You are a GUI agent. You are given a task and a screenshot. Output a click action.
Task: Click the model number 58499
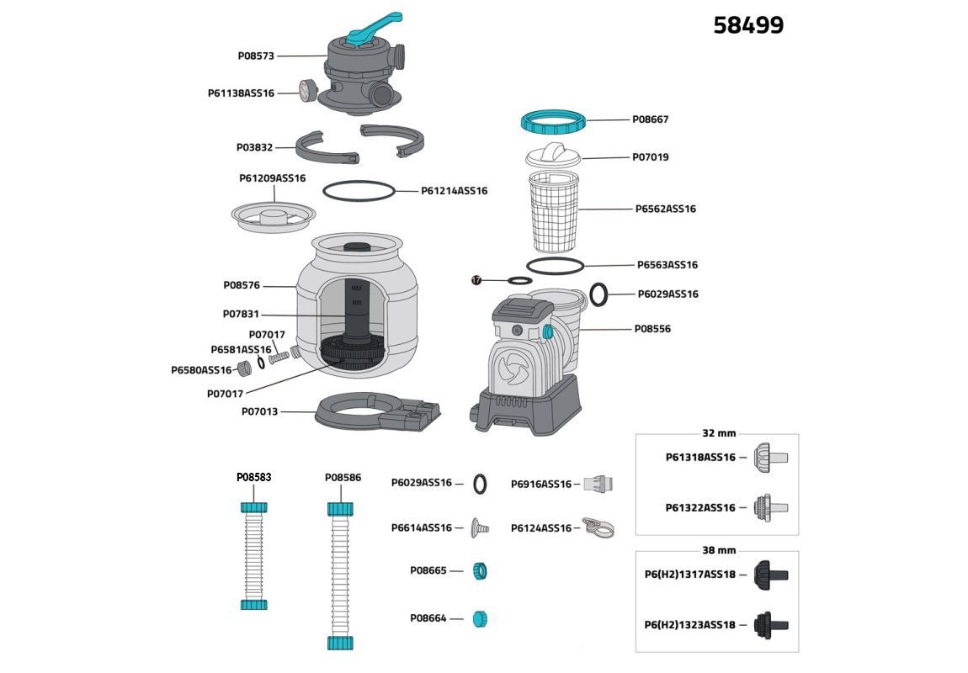(747, 25)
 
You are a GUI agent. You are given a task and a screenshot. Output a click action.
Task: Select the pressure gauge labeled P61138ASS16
(305, 90)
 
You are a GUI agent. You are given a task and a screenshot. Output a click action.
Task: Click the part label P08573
(256, 56)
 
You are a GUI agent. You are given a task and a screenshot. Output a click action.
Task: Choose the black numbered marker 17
(476, 280)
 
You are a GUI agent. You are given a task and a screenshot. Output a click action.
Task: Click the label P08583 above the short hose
(253, 477)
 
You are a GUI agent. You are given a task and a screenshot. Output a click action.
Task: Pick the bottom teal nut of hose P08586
(340, 642)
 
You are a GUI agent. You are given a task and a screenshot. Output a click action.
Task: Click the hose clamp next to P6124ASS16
(598, 528)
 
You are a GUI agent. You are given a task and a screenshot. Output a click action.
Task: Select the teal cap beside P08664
(480, 619)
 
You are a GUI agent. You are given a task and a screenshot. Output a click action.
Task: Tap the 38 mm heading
(718, 550)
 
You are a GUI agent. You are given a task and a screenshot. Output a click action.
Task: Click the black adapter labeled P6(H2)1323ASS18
(769, 624)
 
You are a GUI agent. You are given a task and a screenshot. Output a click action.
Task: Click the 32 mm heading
(718, 433)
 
